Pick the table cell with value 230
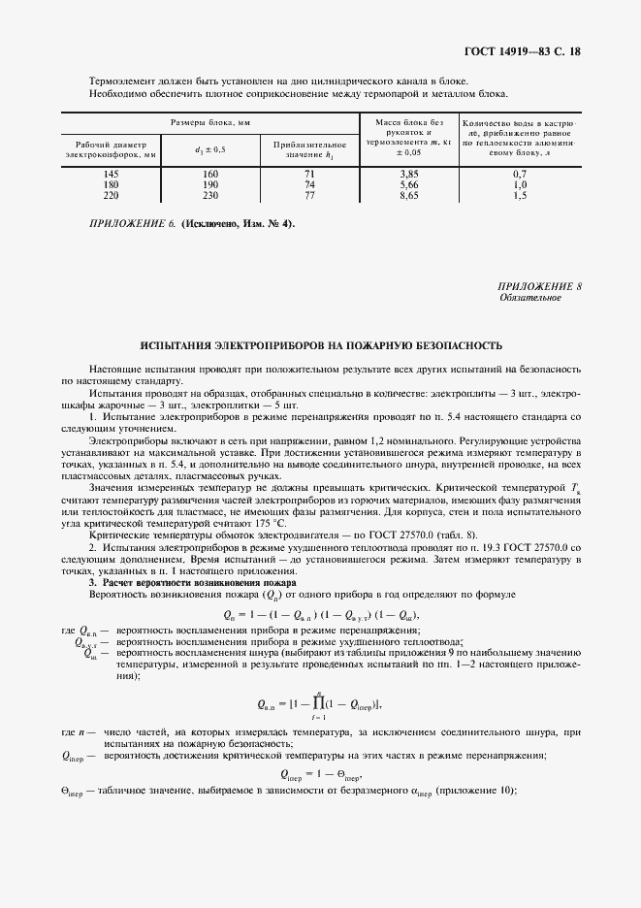210,194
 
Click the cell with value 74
309,184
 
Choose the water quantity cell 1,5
520,194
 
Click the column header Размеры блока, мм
210,123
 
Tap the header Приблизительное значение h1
309,148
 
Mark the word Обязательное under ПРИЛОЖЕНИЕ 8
529,299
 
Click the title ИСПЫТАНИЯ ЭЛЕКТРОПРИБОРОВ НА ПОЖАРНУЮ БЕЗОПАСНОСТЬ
321,346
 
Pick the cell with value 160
210,174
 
